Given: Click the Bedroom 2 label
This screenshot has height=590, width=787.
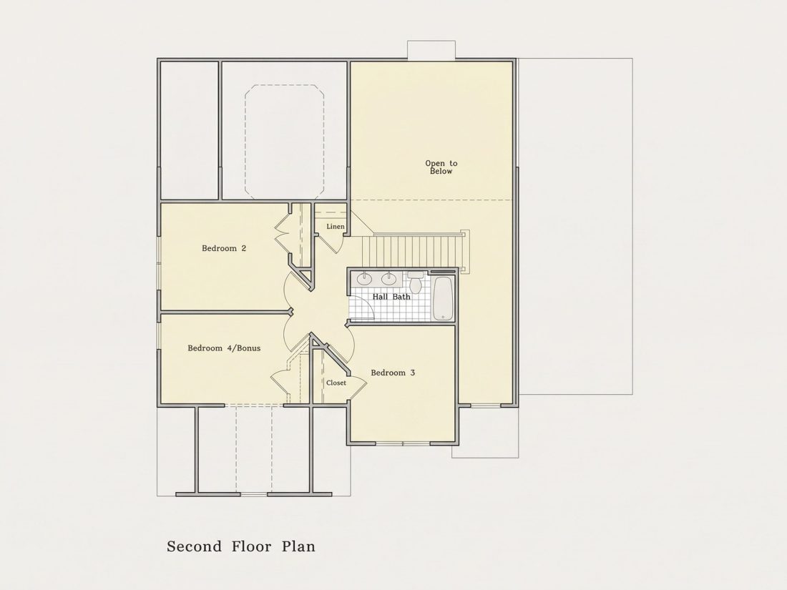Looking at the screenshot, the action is tap(224, 248).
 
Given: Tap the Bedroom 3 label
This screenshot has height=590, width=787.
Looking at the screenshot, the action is tap(393, 373).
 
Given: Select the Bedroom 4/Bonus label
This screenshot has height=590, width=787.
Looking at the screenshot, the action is tap(224, 348).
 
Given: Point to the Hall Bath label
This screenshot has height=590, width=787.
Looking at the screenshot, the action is tap(391, 297).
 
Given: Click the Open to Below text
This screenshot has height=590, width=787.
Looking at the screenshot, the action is tap(441, 167).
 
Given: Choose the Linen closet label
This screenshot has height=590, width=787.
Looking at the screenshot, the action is tap(336, 227).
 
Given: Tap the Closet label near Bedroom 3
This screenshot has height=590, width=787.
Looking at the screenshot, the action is tap(336, 383).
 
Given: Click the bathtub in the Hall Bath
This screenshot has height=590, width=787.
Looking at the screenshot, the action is tap(443, 298).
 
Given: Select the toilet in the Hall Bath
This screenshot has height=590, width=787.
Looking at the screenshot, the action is tap(415, 283).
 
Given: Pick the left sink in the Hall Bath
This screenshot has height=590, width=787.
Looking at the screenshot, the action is tap(364, 278).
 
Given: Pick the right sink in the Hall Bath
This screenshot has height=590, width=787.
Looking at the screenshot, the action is tap(388, 278).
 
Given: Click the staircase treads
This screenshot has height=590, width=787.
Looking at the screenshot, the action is tap(411, 251).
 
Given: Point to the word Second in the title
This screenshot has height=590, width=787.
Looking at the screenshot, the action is tap(194, 546).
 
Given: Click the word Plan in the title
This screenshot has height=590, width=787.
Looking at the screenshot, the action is tap(298, 546).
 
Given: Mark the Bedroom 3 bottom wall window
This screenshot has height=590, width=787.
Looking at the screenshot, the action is tap(403, 443).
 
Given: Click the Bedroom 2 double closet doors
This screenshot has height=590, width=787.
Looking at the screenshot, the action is tap(283, 232).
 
